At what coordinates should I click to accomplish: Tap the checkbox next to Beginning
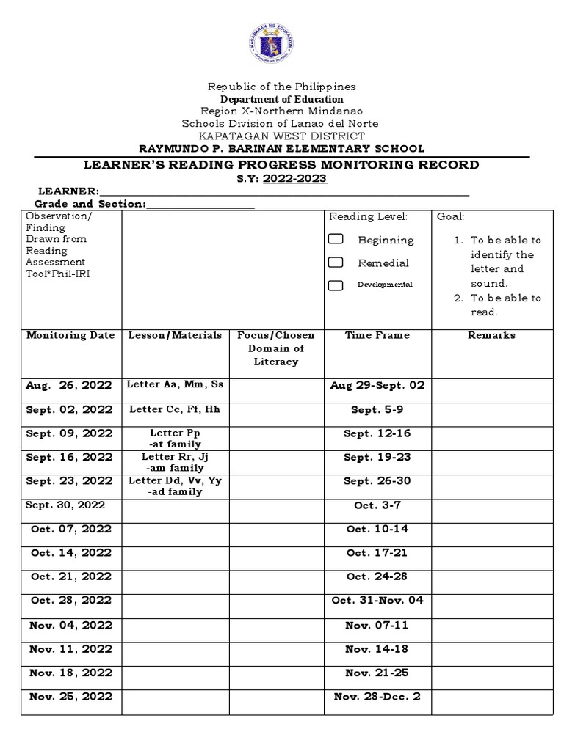tap(336, 240)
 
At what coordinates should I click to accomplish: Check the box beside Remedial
tap(336, 263)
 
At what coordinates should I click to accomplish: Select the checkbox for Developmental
tap(336, 285)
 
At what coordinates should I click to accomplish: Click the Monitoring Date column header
tap(70, 335)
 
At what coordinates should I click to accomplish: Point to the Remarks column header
tap(491, 335)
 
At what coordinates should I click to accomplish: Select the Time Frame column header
tap(377, 335)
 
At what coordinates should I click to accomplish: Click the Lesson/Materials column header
tap(175, 335)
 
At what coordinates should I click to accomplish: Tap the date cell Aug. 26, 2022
tap(69, 385)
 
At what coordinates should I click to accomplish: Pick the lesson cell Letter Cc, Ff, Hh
tap(175, 409)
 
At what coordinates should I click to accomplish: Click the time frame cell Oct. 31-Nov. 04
tap(377, 601)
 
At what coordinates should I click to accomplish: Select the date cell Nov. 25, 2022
tap(70, 697)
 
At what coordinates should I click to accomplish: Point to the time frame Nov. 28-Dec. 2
tap(377, 697)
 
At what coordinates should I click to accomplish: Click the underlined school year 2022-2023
tap(294, 179)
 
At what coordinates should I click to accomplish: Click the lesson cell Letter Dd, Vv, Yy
tap(175, 481)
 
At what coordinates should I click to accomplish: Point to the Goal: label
tap(450, 216)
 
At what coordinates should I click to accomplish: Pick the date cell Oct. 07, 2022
tap(71, 529)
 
